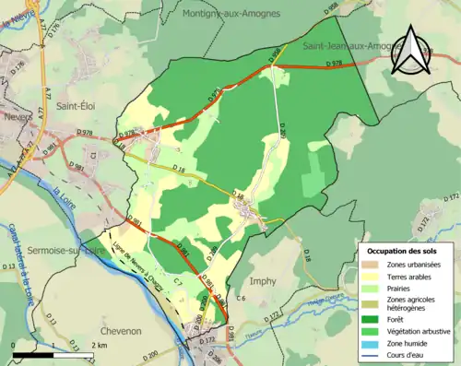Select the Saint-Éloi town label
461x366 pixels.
[x=81, y=106]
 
